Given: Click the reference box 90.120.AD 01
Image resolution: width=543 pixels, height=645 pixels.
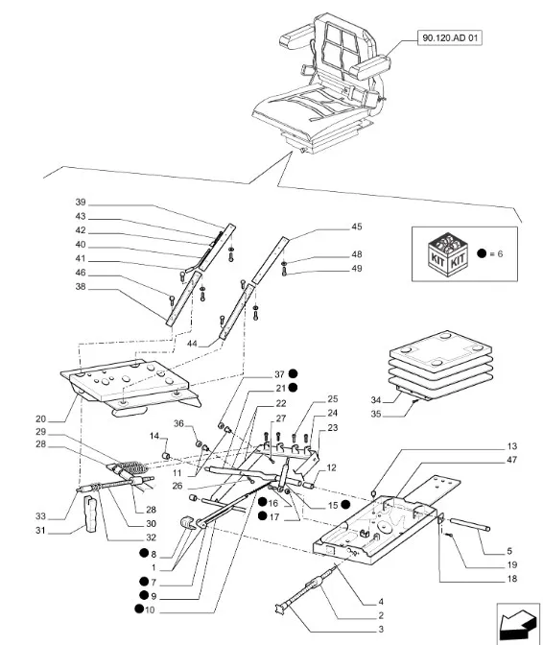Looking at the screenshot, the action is [x=450, y=38].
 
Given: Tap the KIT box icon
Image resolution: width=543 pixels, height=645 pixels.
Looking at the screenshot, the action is [x=447, y=252].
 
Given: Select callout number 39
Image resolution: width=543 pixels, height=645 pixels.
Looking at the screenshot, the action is [x=81, y=202].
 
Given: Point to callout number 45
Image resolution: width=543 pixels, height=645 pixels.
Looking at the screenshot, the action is [x=356, y=227].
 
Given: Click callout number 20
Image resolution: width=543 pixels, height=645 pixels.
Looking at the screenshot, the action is [x=40, y=418].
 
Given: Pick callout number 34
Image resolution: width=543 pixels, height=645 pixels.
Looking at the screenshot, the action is [x=376, y=400].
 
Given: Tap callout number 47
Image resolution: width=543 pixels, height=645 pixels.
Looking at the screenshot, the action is [x=511, y=460].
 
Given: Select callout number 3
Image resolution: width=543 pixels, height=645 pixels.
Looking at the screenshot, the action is [x=381, y=629].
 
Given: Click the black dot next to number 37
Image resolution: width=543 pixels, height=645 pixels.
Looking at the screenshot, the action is [x=293, y=373].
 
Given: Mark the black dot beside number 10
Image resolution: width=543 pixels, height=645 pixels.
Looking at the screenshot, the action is [x=139, y=609].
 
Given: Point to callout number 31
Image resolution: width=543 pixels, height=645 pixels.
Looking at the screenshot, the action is [x=40, y=530].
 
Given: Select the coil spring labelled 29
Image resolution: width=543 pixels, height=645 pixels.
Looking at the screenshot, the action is [x=131, y=467].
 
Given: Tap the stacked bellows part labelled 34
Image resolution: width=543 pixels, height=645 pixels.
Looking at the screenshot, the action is [x=440, y=365].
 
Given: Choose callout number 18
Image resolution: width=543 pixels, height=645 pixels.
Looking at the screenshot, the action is [x=511, y=579].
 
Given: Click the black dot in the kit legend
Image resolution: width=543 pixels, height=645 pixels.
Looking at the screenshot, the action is [x=482, y=253].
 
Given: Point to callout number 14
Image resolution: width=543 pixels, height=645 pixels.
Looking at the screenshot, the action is [x=154, y=436].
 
